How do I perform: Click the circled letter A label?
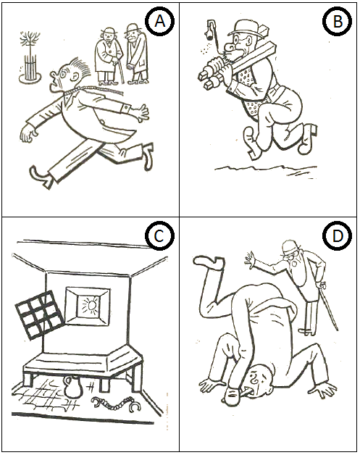(160, 21)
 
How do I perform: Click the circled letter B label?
(338, 21)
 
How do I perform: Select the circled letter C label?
(160, 236)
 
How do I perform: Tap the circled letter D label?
(338, 236)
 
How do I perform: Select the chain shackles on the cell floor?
(116, 404)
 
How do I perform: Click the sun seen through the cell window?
(91, 306)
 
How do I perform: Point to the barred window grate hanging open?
(39, 314)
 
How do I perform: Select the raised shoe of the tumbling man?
(209, 262)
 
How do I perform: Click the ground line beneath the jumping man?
(265, 170)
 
